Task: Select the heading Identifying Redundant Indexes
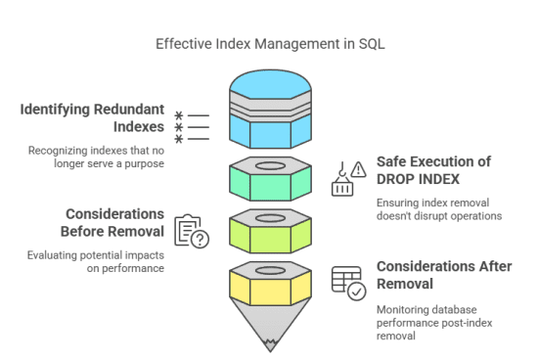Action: point(91,116)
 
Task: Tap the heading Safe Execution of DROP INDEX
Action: point(433,169)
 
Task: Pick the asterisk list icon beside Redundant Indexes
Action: point(192,127)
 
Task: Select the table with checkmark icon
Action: point(347,283)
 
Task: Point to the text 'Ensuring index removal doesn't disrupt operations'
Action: point(437,208)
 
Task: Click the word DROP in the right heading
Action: point(398,178)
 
